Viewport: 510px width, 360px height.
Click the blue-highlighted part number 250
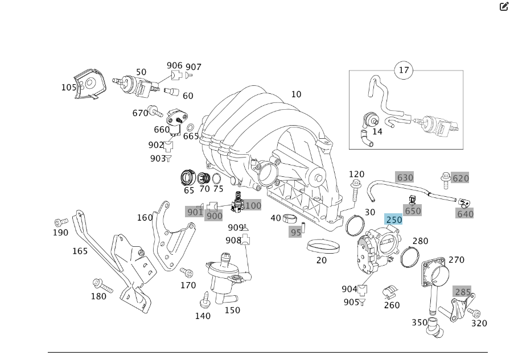394,220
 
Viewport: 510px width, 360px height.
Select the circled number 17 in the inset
404,71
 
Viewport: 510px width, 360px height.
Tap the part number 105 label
69,87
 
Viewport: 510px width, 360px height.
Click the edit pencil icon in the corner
503,7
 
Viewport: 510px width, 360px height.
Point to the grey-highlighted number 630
405,177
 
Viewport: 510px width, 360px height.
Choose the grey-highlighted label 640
465,214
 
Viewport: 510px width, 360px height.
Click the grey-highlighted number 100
253,205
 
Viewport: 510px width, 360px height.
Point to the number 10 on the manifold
296,94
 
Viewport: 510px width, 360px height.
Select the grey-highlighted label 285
462,292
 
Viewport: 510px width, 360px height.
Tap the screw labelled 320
474,312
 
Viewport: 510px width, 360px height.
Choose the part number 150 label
232,311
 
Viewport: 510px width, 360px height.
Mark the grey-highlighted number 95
295,232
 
